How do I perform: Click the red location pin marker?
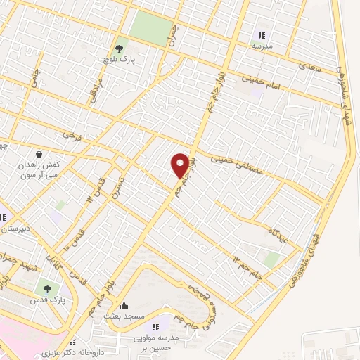pos(181,165)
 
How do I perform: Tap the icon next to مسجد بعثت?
pos(124,305)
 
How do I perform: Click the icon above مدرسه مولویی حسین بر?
pos(156,326)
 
